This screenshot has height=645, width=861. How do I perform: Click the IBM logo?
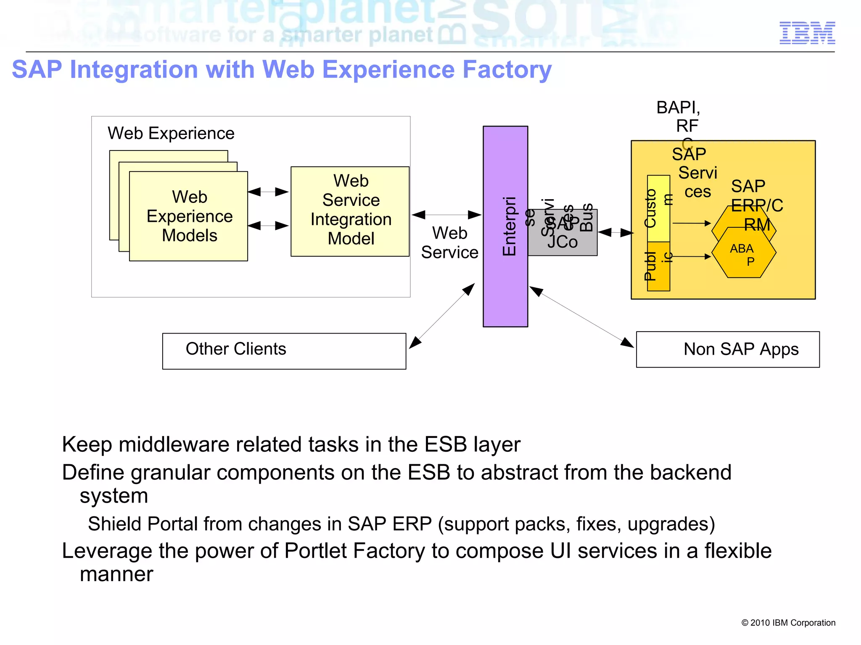coord(807,33)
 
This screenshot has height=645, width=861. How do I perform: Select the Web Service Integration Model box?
coord(350,211)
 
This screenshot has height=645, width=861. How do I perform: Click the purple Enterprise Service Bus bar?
coord(505,273)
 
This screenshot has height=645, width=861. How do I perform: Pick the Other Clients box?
coord(284,351)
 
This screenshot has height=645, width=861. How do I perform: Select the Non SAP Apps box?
coord(727,349)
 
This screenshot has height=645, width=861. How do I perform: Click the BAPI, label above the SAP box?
coord(678,108)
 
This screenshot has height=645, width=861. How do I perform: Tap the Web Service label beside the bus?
coord(449,242)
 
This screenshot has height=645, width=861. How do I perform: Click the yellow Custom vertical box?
coord(658,208)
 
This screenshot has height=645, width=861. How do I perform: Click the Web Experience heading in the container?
coord(171,133)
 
